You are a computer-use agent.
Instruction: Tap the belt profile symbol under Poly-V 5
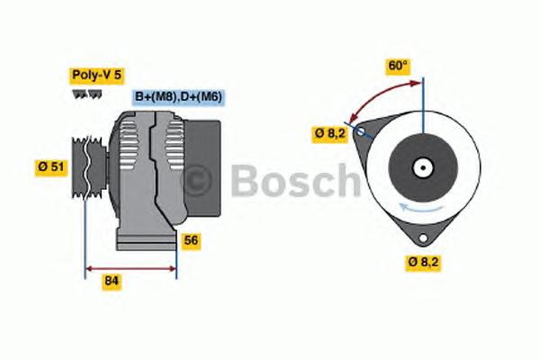click(x=83, y=94)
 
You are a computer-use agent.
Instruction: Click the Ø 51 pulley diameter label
click(x=51, y=166)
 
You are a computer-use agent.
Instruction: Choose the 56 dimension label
click(x=190, y=240)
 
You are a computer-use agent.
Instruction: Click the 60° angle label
click(x=398, y=65)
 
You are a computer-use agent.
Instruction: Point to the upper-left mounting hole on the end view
click(x=362, y=130)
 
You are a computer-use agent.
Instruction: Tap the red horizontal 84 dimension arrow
click(x=130, y=267)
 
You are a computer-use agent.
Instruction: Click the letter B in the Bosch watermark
click(x=247, y=182)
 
